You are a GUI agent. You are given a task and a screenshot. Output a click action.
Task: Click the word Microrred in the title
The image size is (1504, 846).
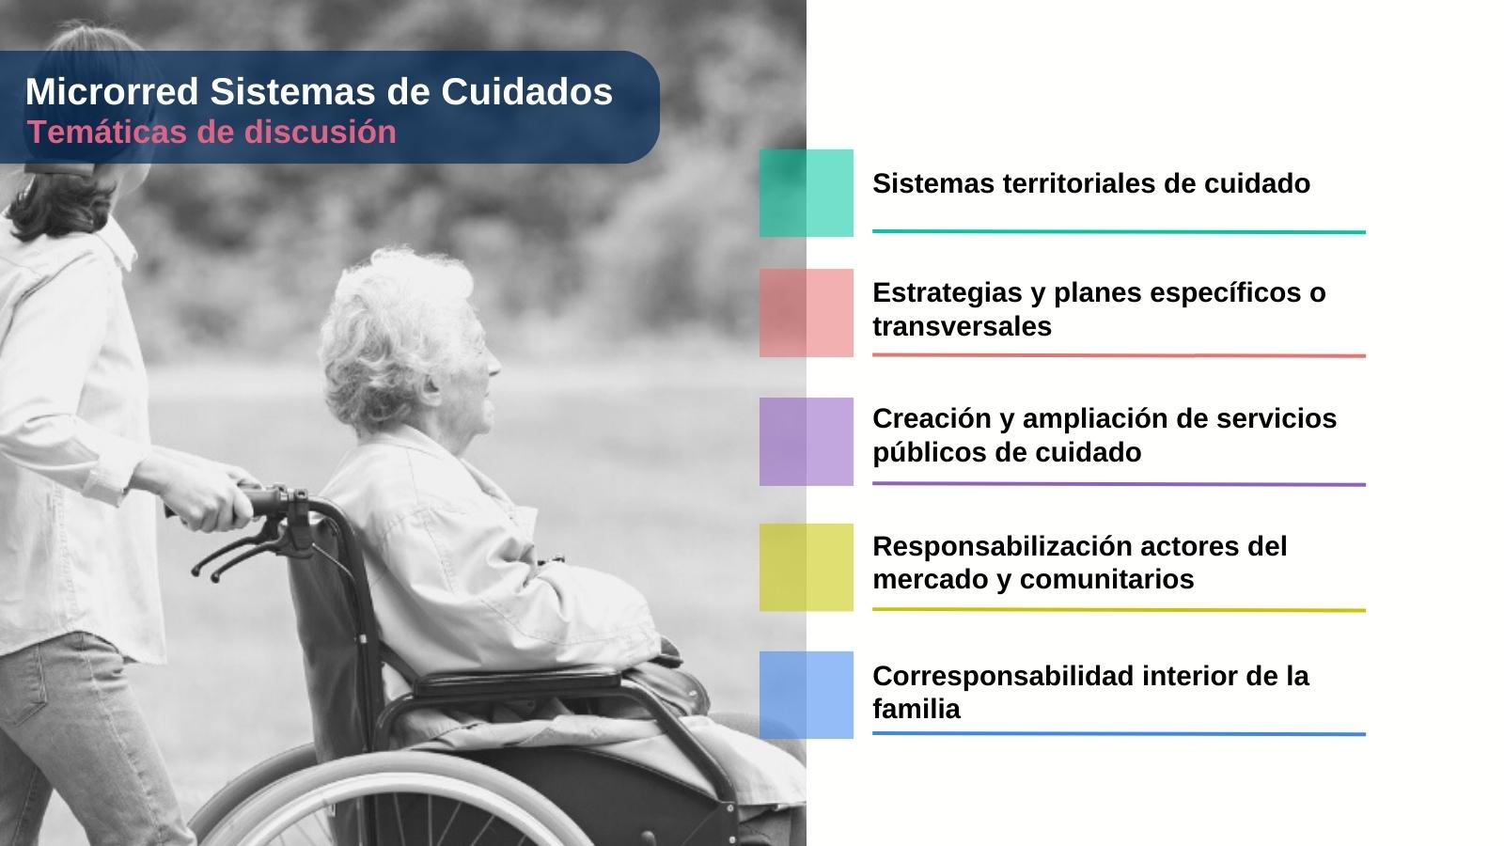pos(112,91)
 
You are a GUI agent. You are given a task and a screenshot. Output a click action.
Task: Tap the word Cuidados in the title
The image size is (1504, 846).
pos(527,91)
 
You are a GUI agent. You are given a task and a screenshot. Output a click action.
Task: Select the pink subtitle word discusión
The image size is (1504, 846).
pos(321,132)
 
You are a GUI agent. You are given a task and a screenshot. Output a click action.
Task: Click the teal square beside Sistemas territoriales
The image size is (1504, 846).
pos(807,193)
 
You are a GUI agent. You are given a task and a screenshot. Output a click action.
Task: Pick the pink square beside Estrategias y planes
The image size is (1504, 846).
pos(807,313)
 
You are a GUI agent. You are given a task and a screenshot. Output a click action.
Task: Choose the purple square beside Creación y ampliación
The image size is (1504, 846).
pos(807,441)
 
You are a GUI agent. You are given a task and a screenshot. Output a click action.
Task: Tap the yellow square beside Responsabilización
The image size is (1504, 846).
pos(807,568)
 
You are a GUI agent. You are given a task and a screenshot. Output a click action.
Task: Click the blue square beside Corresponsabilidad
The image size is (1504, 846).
pos(807,695)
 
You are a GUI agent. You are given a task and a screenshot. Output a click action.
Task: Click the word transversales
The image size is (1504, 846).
pos(963,326)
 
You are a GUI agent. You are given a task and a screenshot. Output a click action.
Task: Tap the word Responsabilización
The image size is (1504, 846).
pos(1002,546)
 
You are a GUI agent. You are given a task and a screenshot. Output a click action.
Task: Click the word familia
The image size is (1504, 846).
pos(916,709)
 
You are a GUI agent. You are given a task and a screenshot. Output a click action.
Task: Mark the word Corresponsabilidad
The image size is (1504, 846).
pos(1003,676)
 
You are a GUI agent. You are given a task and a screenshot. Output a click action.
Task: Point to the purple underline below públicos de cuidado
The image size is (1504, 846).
pos(1120,484)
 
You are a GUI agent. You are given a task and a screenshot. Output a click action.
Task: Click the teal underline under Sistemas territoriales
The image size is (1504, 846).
pos(1120,231)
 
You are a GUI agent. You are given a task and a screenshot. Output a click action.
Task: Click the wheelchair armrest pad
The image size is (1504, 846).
pos(517,680)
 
